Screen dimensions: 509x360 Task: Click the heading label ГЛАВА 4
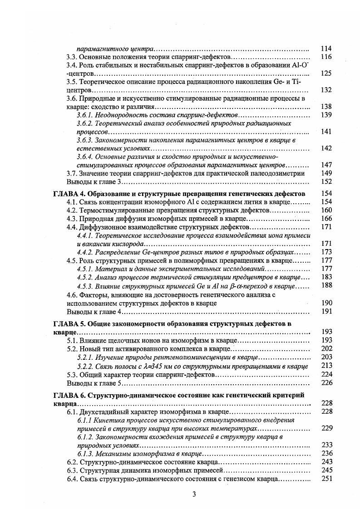(67, 194)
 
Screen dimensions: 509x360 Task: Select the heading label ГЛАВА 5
(67, 324)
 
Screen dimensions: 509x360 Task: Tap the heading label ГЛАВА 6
(67, 395)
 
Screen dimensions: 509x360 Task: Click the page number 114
(326, 49)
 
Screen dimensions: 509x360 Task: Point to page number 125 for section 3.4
(326, 73)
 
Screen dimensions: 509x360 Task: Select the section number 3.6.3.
(86, 140)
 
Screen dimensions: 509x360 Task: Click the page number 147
(326, 165)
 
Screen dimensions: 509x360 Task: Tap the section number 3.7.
(72, 173)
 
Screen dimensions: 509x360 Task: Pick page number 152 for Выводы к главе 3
(326, 181)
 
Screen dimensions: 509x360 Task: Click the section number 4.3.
(72, 218)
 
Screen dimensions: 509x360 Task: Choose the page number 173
(326, 252)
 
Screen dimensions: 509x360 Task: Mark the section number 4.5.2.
(86, 277)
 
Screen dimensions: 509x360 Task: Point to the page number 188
(326, 285)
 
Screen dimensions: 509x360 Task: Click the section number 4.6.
(72, 294)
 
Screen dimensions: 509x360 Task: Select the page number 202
(326, 349)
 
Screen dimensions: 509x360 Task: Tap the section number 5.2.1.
(86, 357)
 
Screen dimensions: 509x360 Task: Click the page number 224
(326, 374)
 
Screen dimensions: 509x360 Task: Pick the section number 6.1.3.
(86, 454)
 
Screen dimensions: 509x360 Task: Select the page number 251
(326, 479)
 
